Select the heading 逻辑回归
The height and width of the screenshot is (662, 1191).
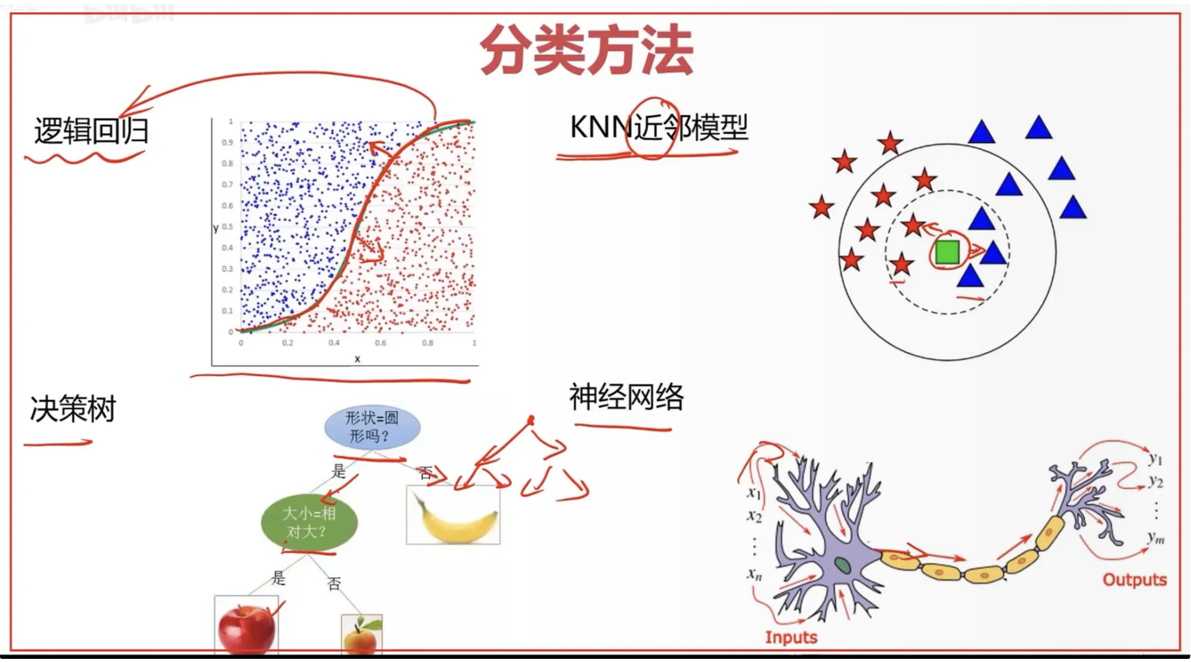91,131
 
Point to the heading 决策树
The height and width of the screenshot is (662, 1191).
73,410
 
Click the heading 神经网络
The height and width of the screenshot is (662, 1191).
626,397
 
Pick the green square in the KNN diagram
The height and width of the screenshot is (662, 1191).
947,252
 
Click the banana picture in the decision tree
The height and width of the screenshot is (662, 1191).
453,516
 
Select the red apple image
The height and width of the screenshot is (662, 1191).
246,627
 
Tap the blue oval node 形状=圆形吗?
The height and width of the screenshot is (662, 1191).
372,427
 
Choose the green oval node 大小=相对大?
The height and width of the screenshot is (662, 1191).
309,522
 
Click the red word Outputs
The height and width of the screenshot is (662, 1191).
1134,580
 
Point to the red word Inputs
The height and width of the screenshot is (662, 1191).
791,638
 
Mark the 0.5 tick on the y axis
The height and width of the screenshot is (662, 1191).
227,227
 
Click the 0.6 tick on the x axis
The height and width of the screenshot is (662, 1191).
381,343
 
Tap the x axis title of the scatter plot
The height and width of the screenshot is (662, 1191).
358,359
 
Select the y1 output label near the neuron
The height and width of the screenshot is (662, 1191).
1155,459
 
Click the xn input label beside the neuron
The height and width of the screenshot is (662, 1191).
755,574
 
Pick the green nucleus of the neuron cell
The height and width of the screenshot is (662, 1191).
842,565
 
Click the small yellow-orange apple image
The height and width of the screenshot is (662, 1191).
361,635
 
